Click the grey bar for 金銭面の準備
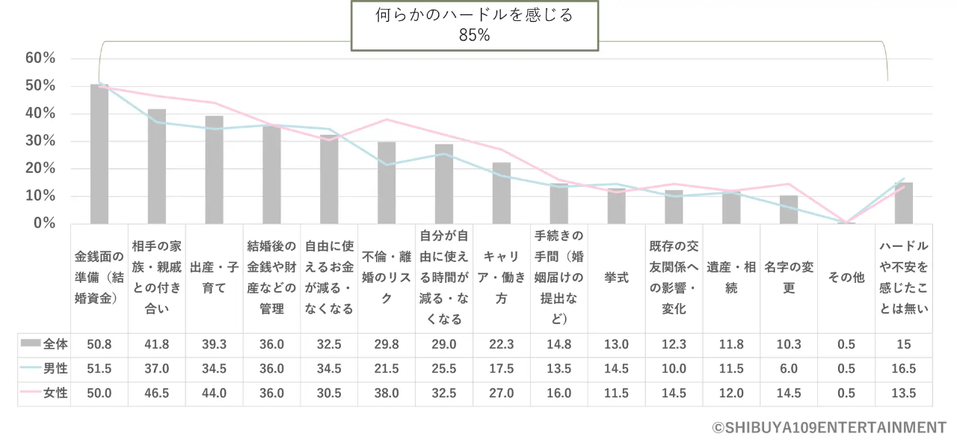pyautogui.click(x=99, y=154)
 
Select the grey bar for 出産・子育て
pyautogui.click(x=215, y=170)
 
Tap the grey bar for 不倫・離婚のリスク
pyautogui.click(x=387, y=183)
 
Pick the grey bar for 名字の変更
pyautogui.click(x=789, y=210)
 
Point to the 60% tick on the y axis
pyautogui.click(x=40, y=58)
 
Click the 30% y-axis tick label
pyautogui.click(x=40, y=141)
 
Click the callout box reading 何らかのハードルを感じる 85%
pyautogui.click(x=475, y=25)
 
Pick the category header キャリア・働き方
pyautogui.click(x=501, y=278)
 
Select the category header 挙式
pyautogui.click(x=616, y=278)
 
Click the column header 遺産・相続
pyautogui.click(x=731, y=278)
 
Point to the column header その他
pyautogui.click(x=846, y=278)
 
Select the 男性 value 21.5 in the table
pyautogui.click(x=387, y=369)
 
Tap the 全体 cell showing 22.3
pyautogui.click(x=501, y=344)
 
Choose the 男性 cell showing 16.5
pyautogui.click(x=904, y=369)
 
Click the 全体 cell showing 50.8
pyautogui.click(x=99, y=344)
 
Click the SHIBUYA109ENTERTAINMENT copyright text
pyautogui.click(x=829, y=428)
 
